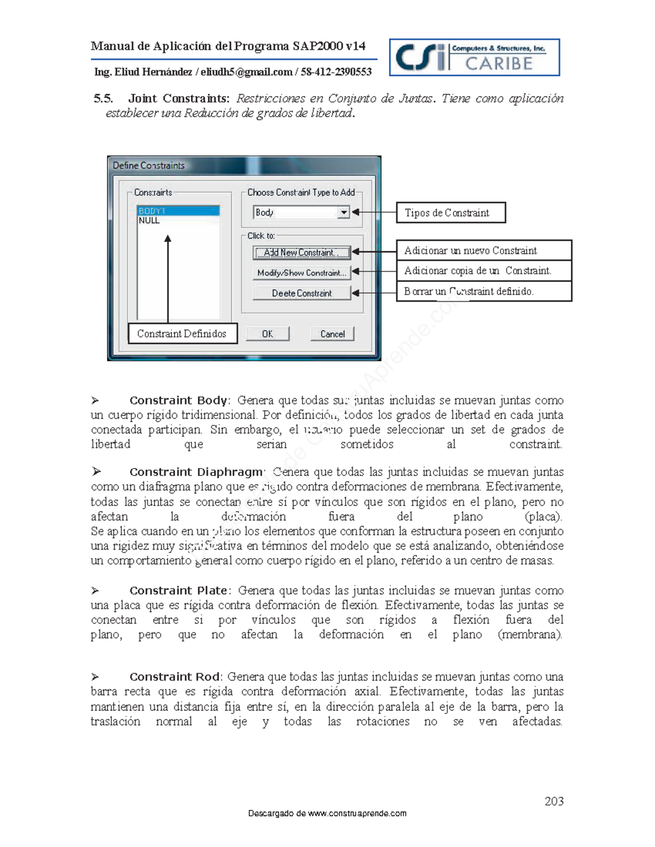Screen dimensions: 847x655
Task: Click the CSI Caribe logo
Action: [474, 57]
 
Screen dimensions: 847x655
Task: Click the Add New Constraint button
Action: [301, 253]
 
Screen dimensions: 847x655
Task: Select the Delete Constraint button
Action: [301, 293]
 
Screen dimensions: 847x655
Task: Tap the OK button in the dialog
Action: [267, 334]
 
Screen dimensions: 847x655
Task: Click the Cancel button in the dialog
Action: [332, 334]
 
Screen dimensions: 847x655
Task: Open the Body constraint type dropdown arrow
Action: [343, 212]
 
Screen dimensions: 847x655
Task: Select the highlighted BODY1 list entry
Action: [178, 211]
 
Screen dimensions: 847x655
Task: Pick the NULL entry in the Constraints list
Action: [149, 220]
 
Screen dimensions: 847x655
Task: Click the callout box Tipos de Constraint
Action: [450, 213]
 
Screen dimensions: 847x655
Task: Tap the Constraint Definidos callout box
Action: [182, 333]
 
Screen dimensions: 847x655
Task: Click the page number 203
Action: [553, 801]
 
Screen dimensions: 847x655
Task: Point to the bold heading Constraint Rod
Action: [175, 676]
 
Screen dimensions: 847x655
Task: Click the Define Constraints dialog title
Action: [148, 165]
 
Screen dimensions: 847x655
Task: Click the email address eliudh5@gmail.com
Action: [246, 72]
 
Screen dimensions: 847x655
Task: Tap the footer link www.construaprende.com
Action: [357, 813]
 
